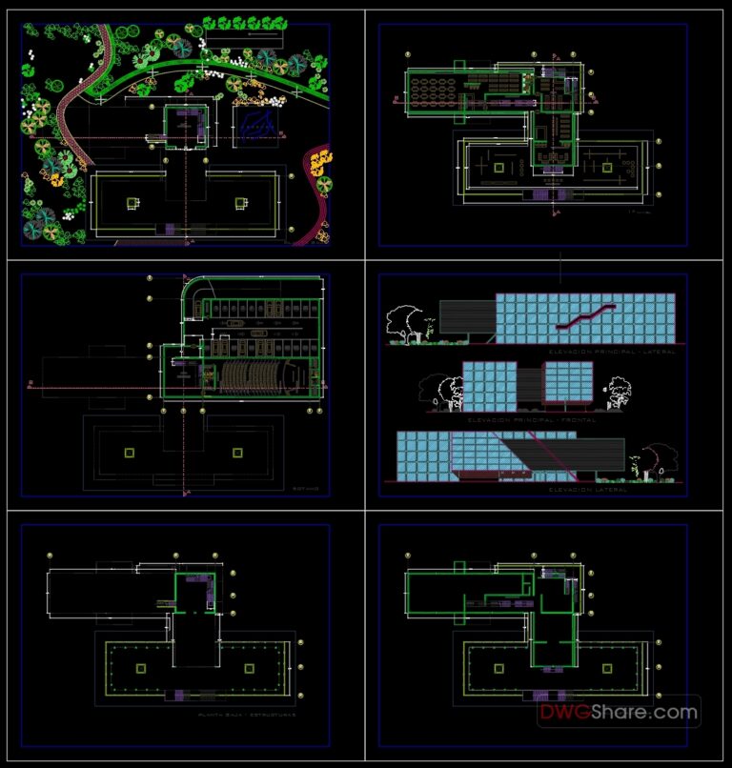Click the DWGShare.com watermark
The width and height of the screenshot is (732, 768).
tap(619, 711)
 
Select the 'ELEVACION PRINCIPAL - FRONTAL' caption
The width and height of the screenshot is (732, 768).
tap(521, 418)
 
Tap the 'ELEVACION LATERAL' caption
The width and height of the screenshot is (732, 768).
tap(588, 489)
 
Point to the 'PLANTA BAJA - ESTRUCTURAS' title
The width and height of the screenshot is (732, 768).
tap(246, 714)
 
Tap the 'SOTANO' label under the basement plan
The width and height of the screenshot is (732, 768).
tap(305, 487)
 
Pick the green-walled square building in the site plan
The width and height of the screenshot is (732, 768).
tap(184, 125)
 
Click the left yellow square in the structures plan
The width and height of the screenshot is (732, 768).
tap(141, 669)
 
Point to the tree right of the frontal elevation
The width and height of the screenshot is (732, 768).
tap(619, 391)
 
